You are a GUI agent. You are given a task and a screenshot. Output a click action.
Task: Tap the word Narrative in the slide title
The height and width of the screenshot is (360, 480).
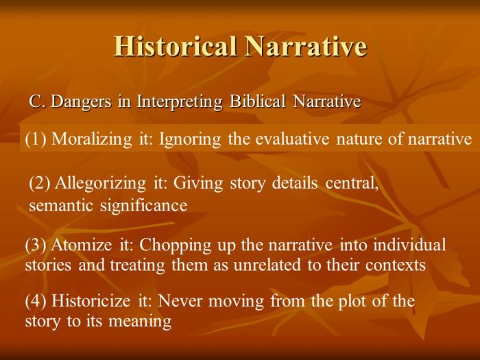pyautogui.click(x=305, y=46)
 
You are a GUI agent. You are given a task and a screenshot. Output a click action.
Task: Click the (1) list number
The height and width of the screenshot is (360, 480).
pyautogui.click(x=36, y=140)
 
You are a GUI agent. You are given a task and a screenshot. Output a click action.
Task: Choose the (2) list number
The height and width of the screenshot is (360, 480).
pyautogui.click(x=40, y=184)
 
